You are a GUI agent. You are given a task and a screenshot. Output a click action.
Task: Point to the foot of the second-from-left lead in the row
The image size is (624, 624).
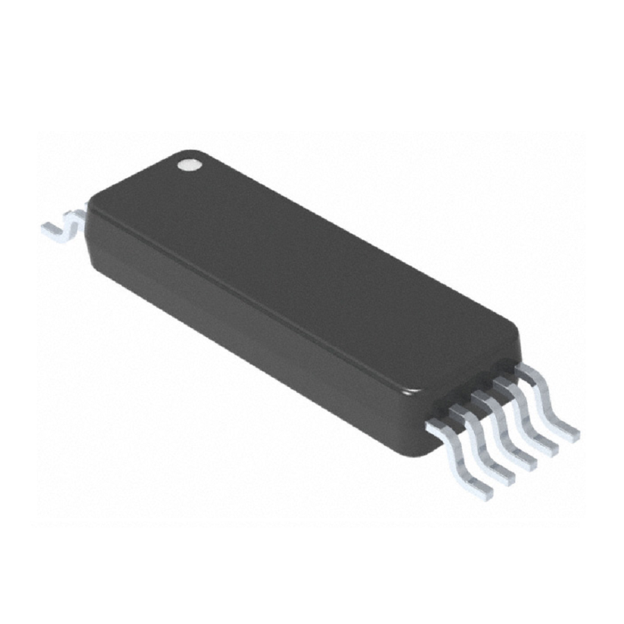tap(505, 478)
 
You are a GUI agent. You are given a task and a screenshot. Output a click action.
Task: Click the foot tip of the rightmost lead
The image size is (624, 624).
tap(569, 434)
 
